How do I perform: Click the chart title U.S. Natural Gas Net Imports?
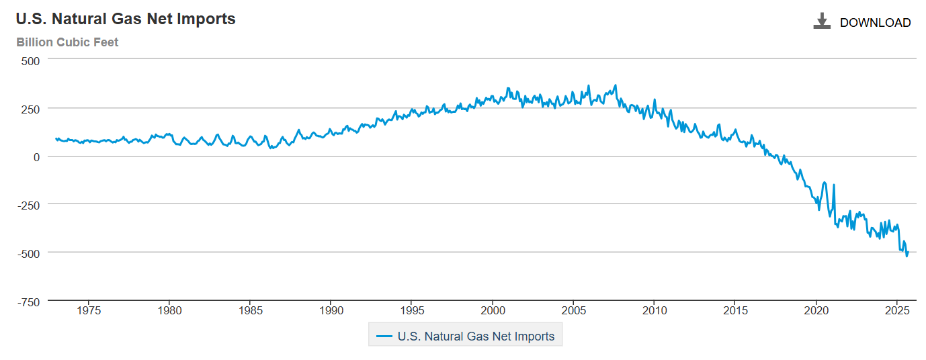point(126,19)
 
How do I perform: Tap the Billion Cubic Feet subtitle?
point(67,42)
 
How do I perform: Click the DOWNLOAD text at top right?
point(875,23)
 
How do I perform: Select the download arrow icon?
point(822,21)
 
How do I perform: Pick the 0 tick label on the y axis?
point(37,156)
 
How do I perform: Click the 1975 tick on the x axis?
point(89,311)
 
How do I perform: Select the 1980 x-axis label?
point(169,311)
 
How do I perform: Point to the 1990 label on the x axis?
point(331,311)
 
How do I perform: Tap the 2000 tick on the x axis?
point(493,311)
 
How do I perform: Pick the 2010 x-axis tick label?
point(655,311)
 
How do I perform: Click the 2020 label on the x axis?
point(816,311)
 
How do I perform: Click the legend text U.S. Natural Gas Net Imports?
point(476,336)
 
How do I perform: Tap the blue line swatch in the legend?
point(384,336)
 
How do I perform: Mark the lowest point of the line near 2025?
point(907,256)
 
